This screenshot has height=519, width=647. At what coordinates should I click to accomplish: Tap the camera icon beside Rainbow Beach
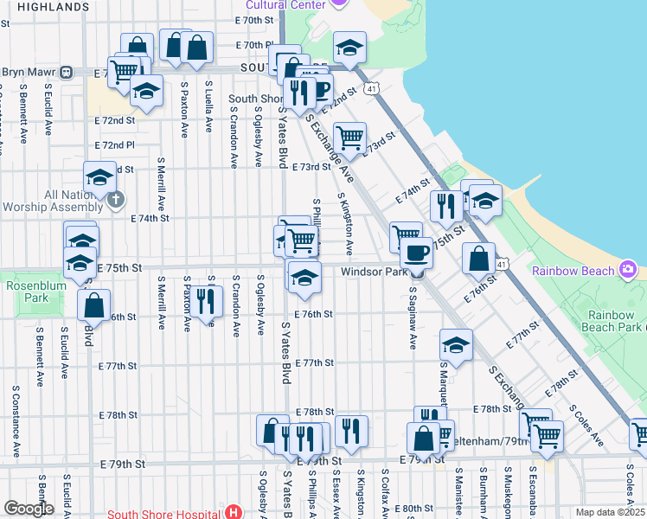(x=628, y=270)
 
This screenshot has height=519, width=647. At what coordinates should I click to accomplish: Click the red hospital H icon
(x=233, y=510)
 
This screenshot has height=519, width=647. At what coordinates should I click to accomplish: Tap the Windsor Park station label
(x=374, y=272)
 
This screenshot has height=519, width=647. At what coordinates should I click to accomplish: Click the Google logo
(x=29, y=509)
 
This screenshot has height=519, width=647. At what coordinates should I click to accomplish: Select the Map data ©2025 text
(x=610, y=512)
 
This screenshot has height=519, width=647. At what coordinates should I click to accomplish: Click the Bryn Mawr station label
(x=29, y=72)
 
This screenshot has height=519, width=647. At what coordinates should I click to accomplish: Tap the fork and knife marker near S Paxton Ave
(x=205, y=301)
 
